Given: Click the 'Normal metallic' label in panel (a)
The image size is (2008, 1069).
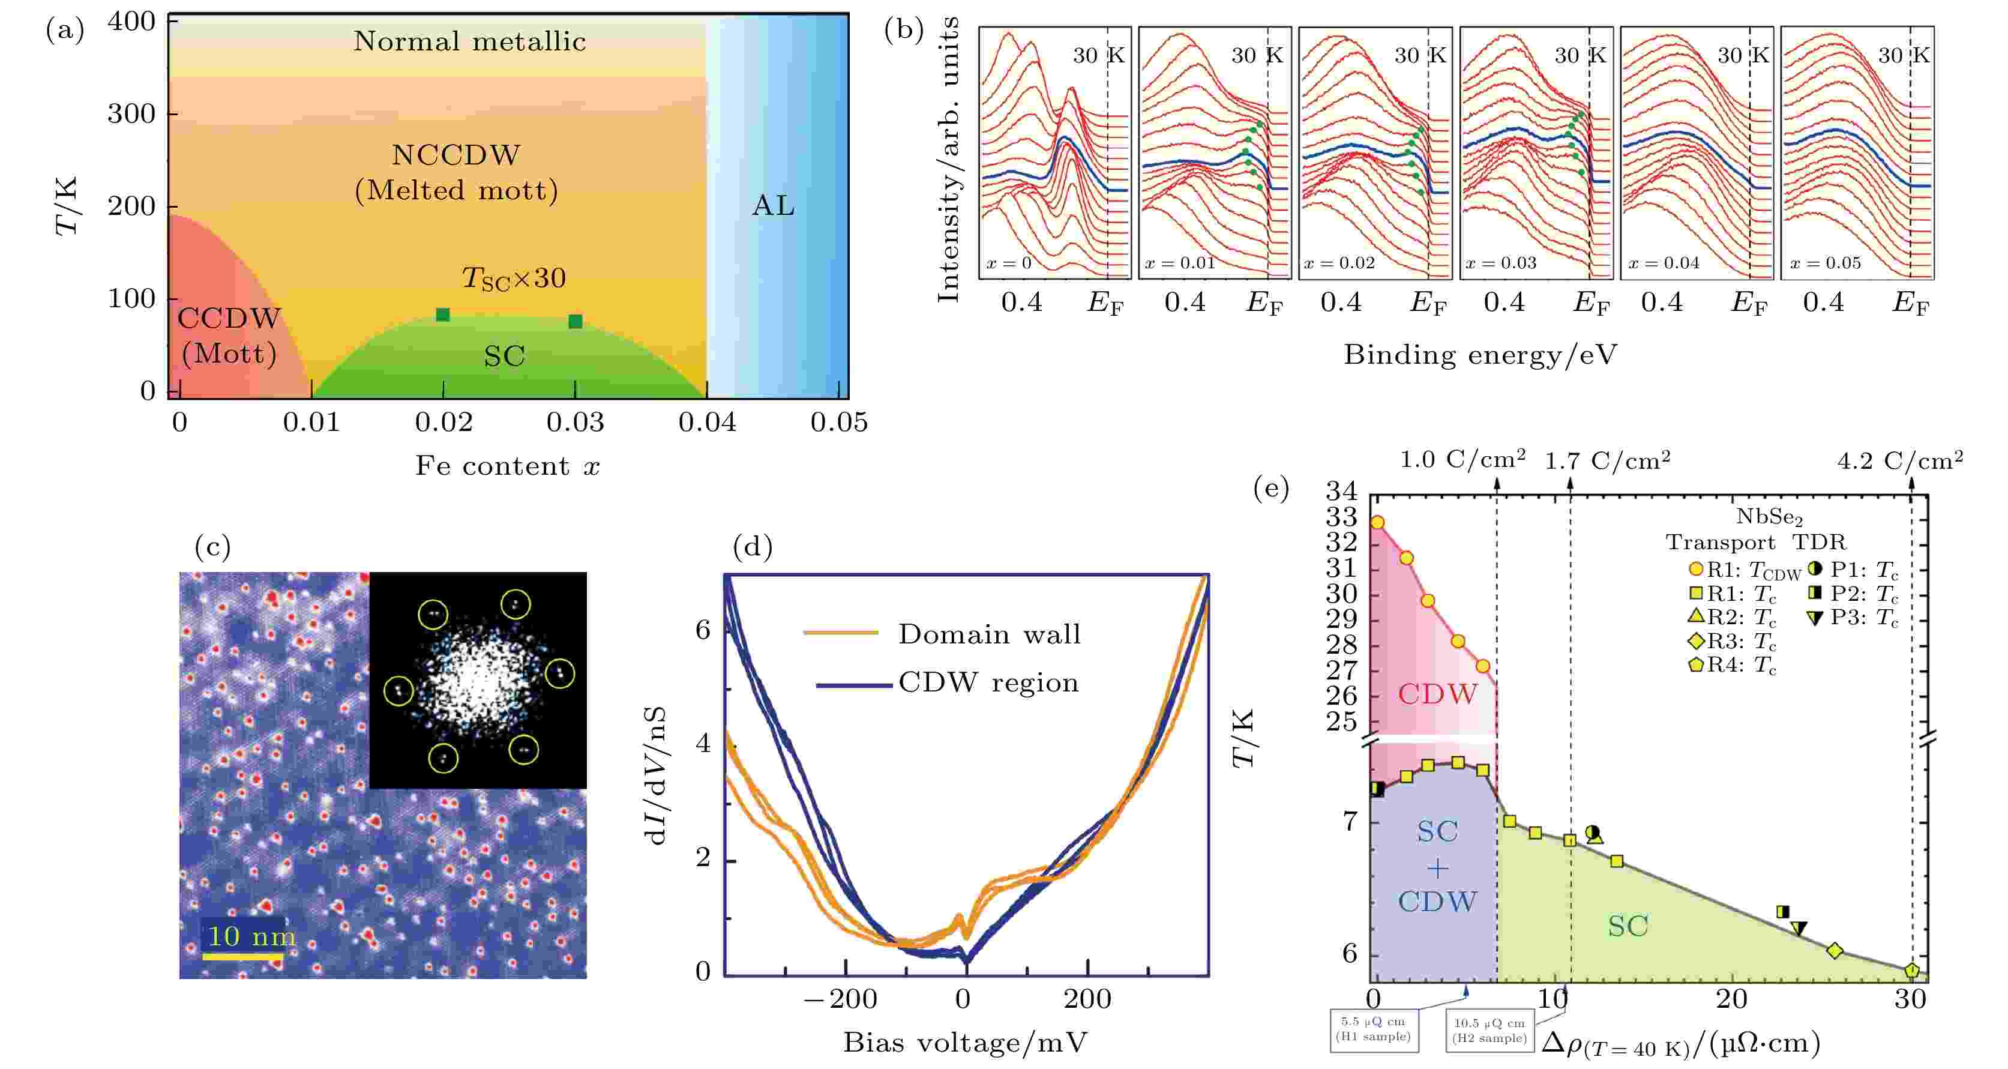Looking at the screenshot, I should (469, 41).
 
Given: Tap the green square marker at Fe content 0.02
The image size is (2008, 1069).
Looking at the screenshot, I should (443, 315).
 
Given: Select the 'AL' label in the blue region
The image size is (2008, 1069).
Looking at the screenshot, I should (774, 206).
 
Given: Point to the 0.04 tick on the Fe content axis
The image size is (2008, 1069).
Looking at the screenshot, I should (707, 422).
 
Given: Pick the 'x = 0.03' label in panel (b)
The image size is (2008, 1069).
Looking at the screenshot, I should (1500, 263).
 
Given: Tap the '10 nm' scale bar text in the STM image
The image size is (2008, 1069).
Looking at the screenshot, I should (251, 936).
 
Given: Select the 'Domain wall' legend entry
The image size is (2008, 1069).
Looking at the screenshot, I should (988, 634).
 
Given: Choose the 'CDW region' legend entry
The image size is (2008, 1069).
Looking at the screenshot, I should (988, 683).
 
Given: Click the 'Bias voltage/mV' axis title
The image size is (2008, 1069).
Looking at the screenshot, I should (965, 1043).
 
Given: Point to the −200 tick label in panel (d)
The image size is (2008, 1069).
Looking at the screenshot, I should (840, 999).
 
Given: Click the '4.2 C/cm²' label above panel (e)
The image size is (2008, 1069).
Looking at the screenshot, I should (1899, 461).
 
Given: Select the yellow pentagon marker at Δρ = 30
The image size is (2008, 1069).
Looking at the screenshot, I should (1911, 971).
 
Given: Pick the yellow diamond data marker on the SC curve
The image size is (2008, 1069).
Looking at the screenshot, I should (1835, 951).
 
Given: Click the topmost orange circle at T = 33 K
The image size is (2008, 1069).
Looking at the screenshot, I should (1377, 522).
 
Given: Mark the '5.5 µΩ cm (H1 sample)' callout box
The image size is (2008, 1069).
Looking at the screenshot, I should (1374, 1029).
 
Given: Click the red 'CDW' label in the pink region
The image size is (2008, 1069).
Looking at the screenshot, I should (1437, 694).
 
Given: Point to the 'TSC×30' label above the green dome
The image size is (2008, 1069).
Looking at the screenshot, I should (514, 279).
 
